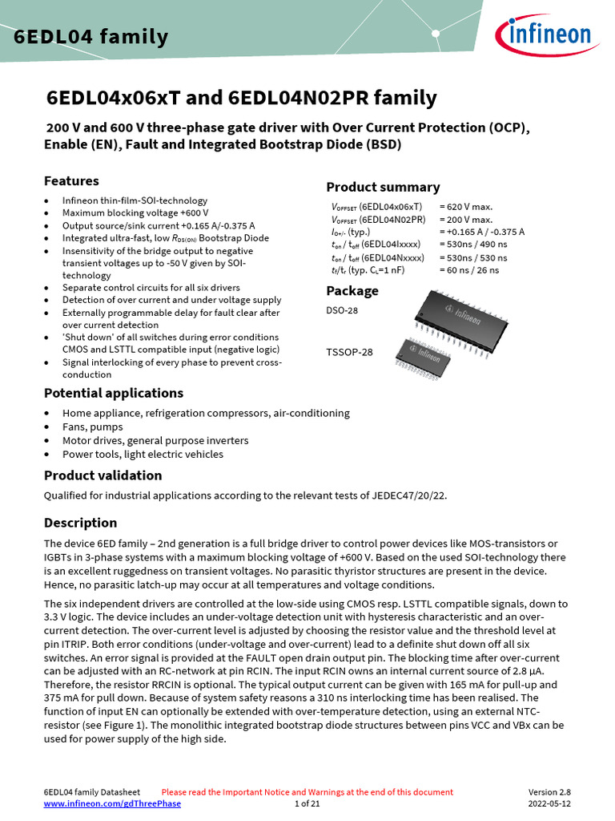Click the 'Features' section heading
coord(71,181)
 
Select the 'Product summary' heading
coord(383,187)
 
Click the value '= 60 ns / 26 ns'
coord(468,270)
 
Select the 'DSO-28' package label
coord(342,310)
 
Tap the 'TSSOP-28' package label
coord(349,351)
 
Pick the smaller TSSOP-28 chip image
coord(423,351)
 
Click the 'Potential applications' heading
coord(113,393)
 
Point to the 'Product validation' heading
coord(102,475)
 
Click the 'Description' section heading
coord(80,523)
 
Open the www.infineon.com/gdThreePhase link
coord(112,803)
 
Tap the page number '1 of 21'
coord(307,803)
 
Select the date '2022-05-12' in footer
coord(549,803)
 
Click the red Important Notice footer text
coord(307,792)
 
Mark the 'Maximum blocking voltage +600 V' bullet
coord(135,212)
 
